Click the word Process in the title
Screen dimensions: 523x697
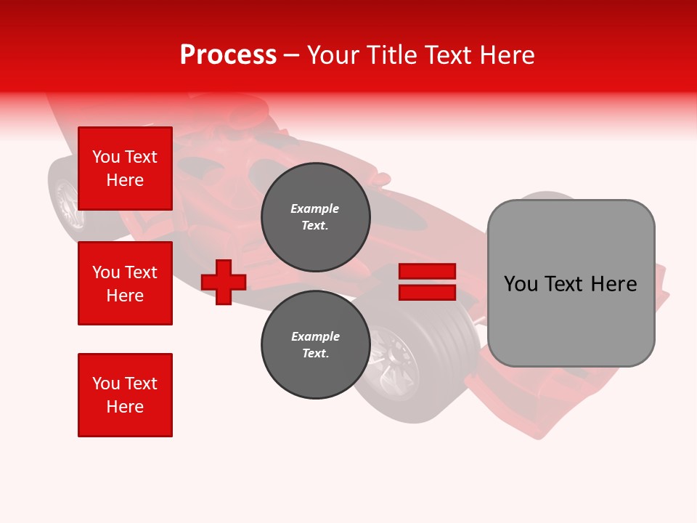(x=228, y=55)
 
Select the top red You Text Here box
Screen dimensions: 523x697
(x=125, y=169)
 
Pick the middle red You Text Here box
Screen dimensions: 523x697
(x=125, y=283)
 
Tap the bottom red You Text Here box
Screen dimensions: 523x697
(x=125, y=395)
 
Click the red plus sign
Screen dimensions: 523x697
(x=224, y=281)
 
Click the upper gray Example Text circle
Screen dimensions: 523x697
(x=315, y=217)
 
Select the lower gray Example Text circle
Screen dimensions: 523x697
(x=315, y=345)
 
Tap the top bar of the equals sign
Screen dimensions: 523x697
(x=427, y=271)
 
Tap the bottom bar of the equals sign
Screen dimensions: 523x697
(x=427, y=292)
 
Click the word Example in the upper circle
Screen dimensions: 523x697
(x=315, y=209)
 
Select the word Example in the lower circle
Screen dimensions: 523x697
(x=315, y=337)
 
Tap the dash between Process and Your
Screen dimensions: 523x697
(x=291, y=55)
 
